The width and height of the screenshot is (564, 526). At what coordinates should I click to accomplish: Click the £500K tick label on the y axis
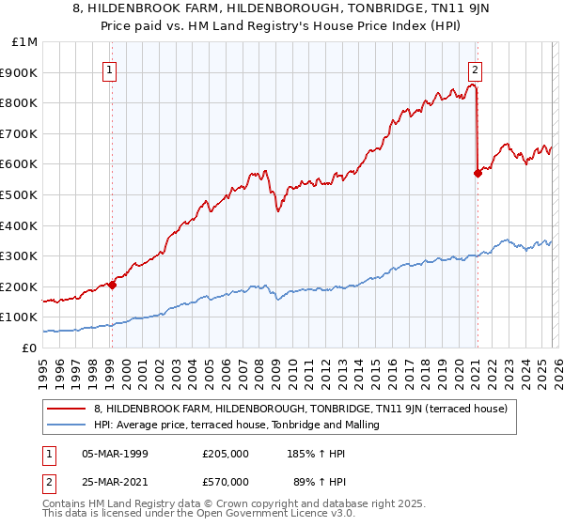coord(21,194)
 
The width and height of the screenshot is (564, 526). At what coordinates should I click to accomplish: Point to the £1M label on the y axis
coord(24,41)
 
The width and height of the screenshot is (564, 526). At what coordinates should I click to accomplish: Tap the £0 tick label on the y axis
coord(29,348)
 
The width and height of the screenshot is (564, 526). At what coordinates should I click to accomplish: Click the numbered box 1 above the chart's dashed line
coord(111,69)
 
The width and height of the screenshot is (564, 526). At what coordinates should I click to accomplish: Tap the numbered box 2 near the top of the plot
coord(476,69)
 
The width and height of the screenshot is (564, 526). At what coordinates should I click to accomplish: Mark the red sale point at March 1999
coord(112,285)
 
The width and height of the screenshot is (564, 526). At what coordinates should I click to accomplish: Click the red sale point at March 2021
coord(478,173)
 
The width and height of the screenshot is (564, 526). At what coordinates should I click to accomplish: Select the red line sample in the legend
coord(67,409)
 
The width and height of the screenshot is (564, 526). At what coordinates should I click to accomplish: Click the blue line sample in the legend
coord(67,425)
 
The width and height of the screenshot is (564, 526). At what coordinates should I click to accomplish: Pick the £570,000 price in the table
coord(225,482)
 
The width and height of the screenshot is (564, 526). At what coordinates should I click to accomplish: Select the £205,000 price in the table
coord(225,454)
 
